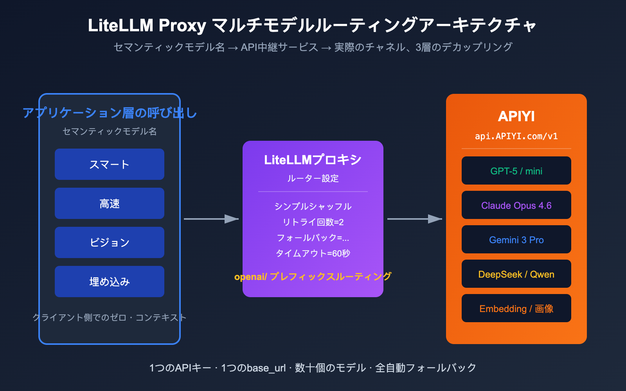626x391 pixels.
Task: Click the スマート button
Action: pos(110,164)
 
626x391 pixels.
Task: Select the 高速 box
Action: pos(110,203)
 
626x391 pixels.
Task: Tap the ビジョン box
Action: pos(110,242)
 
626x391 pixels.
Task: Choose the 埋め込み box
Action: pos(110,282)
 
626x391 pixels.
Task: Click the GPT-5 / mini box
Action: pos(516,171)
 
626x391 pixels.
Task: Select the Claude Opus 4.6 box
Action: pos(516,205)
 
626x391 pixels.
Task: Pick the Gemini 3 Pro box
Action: pos(516,240)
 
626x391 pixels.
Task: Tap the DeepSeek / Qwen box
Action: pos(516,274)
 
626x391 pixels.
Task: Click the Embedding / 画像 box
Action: pos(516,308)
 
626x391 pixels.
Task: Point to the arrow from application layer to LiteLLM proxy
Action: pos(211,219)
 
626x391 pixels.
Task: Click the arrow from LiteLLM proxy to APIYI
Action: pos(415,219)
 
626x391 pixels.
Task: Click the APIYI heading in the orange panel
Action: pos(516,116)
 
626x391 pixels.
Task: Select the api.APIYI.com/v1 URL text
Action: pos(516,136)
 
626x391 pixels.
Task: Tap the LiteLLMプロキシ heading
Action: pos(313,160)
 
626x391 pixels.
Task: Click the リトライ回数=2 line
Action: pos(313,222)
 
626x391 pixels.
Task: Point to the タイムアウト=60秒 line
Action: pos(313,253)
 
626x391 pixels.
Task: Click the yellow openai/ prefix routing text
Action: pos(313,276)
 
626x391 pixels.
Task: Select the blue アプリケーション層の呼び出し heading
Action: pos(110,113)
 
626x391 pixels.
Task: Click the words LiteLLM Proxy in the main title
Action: pos(147,25)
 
